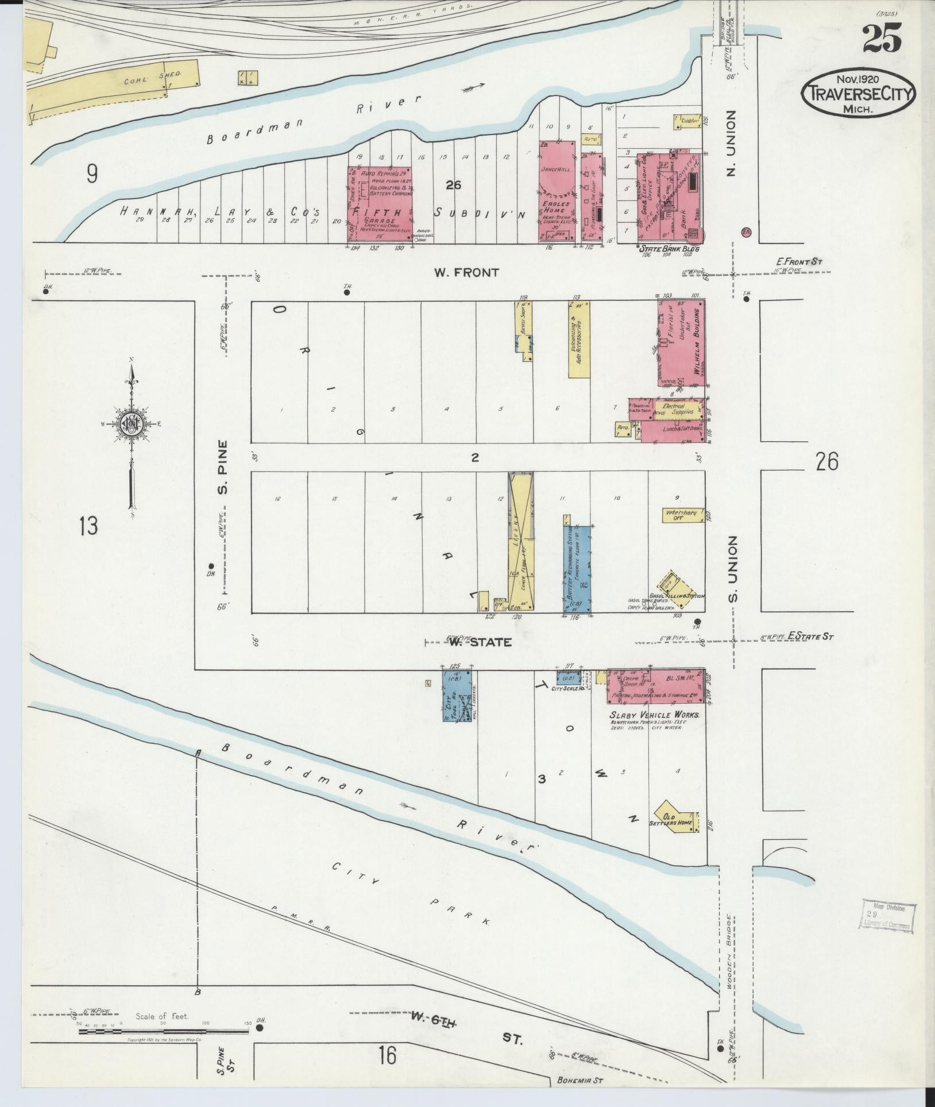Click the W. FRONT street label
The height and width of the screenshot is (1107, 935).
click(474, 273)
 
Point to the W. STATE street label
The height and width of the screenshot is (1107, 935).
click(480, 642)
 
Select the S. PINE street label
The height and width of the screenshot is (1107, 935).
click(223, 466)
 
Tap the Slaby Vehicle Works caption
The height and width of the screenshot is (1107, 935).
click(654, 715)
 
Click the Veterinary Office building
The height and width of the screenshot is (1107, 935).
click(682, 515)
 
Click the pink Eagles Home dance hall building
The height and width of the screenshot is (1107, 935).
click(557, 191)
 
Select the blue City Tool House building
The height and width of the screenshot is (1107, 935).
click(457, 695)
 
